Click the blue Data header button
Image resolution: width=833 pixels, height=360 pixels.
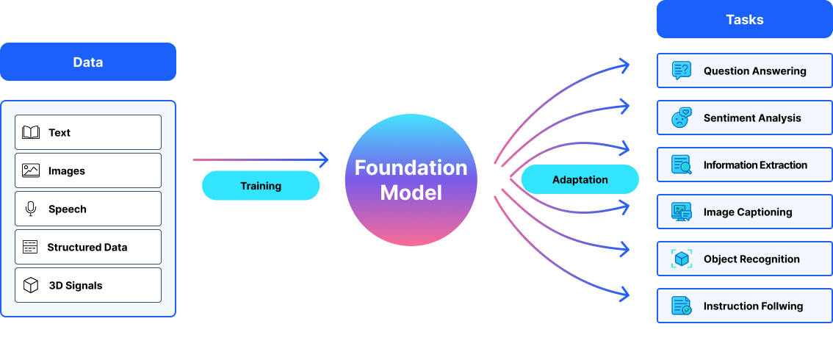88,62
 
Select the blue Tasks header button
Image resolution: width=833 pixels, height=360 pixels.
744,19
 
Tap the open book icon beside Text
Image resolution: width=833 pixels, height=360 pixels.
31,132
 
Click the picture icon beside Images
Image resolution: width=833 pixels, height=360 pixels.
31,170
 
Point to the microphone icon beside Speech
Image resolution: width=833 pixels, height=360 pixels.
31,209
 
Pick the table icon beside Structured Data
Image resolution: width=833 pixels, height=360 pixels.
30,247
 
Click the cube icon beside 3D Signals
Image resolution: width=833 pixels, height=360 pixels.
31,285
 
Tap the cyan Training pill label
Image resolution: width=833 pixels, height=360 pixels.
261,186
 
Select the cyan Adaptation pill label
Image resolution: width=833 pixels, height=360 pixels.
580,179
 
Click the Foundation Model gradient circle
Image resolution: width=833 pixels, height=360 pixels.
411,180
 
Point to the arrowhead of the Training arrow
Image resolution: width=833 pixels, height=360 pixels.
323,159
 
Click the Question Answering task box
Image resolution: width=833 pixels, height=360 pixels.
744,71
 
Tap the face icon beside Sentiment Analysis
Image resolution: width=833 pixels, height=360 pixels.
682,118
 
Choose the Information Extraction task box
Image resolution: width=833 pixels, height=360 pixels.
744,165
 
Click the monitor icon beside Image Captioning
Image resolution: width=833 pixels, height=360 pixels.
682,212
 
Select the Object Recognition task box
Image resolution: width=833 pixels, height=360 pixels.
744,259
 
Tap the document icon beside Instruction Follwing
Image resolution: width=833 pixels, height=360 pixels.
682,306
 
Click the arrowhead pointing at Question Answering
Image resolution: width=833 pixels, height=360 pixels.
625,66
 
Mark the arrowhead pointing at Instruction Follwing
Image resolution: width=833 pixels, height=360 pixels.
625,295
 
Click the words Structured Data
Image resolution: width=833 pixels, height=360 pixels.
87,248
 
